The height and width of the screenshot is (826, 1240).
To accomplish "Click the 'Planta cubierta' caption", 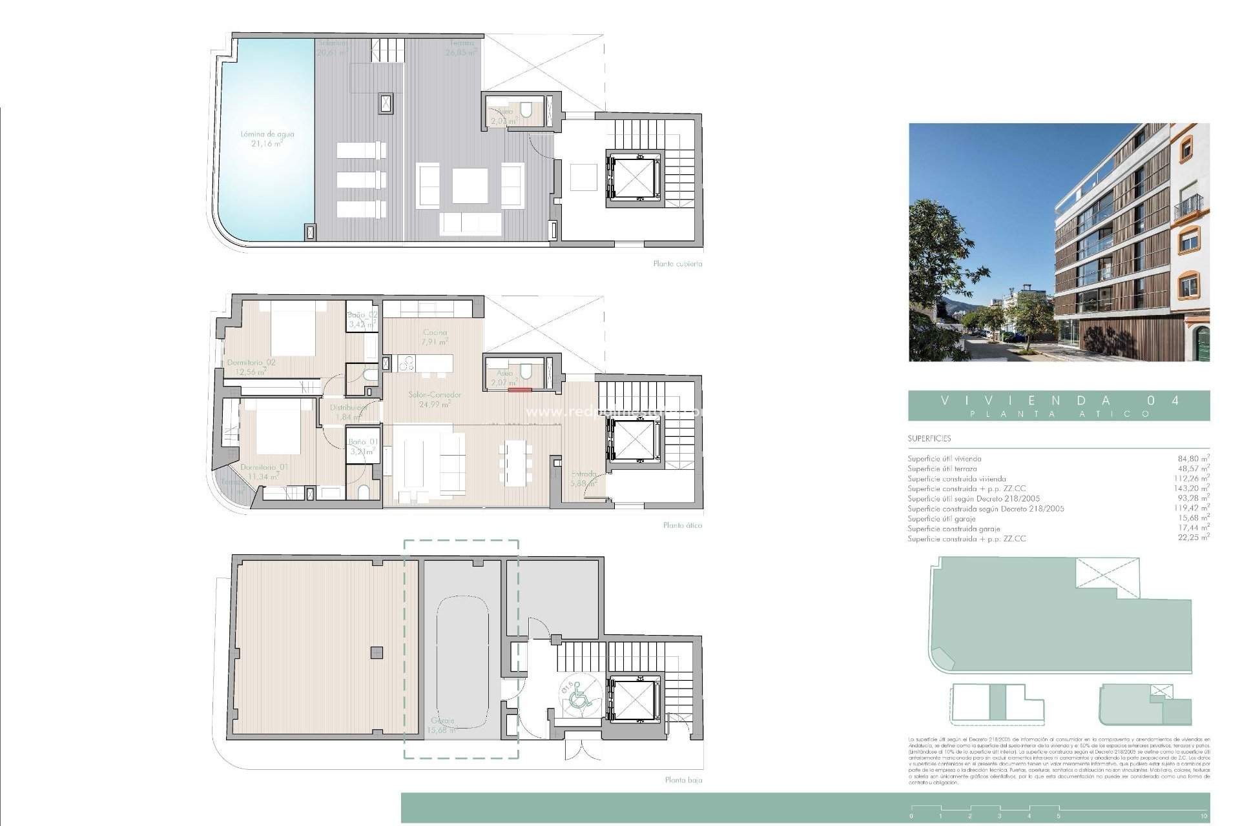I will click(677, 264).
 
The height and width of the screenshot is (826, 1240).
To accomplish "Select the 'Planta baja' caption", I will click(683, 780).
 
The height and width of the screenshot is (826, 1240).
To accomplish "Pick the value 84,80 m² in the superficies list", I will click(1193, 459).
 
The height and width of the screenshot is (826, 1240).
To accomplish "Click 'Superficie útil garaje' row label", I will click(941, 518).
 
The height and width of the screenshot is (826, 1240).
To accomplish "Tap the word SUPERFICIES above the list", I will click(929, 439).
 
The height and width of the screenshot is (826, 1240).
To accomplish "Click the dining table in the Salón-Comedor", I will click(515, 463).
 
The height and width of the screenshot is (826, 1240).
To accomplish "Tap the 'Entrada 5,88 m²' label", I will click(583, 478).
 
